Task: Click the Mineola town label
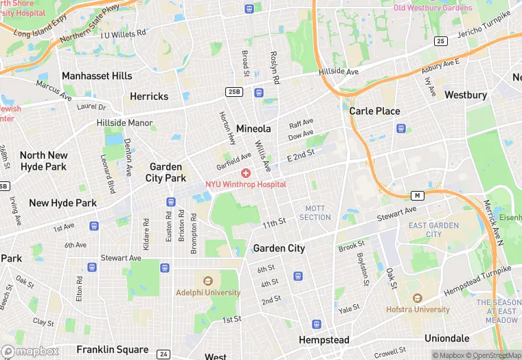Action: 253,128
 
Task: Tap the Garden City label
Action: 279,248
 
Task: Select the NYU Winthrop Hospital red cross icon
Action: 245,174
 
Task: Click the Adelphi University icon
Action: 207,280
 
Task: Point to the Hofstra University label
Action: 417,309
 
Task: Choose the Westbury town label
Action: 466,95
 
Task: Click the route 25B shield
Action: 234,91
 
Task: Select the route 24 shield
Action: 163,354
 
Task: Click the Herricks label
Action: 149,96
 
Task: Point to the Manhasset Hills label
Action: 96,76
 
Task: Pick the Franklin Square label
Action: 113,349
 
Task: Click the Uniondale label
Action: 446,338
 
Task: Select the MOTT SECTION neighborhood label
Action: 315,212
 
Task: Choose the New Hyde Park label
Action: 63,203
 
